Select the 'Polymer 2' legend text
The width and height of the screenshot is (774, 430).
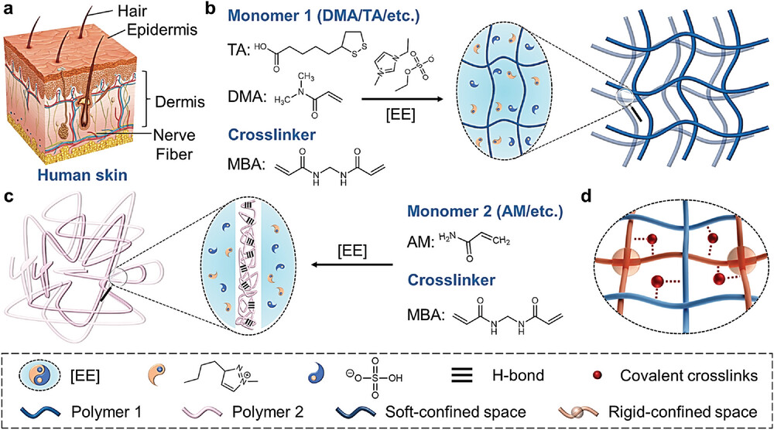(x=285, y=407)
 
